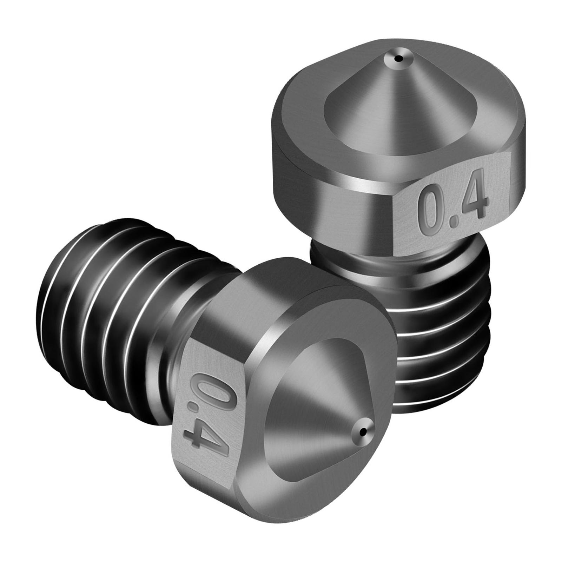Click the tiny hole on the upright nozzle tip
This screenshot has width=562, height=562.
(x=398, y=59)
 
